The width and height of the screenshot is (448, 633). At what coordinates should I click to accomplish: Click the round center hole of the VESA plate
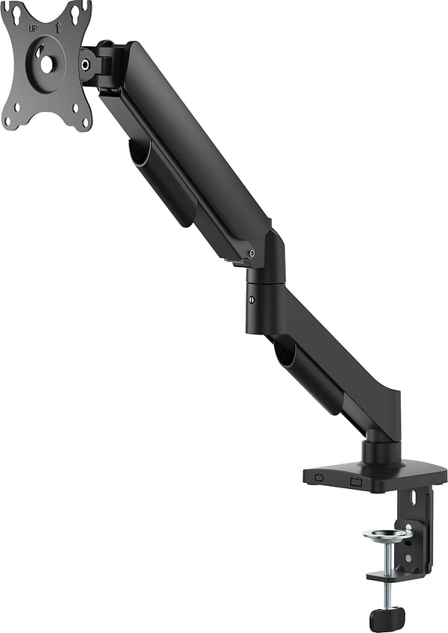(46, 65)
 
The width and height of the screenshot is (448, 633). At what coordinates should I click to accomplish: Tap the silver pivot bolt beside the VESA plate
(87, 64)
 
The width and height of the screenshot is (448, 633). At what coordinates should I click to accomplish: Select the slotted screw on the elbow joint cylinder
(251, 299)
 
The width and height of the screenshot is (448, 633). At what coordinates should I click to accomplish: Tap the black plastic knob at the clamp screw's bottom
(387, 618)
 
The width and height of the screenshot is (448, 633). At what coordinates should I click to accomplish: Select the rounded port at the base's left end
(319, 477)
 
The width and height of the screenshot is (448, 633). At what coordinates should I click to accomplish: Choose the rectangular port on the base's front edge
(356, 481)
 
